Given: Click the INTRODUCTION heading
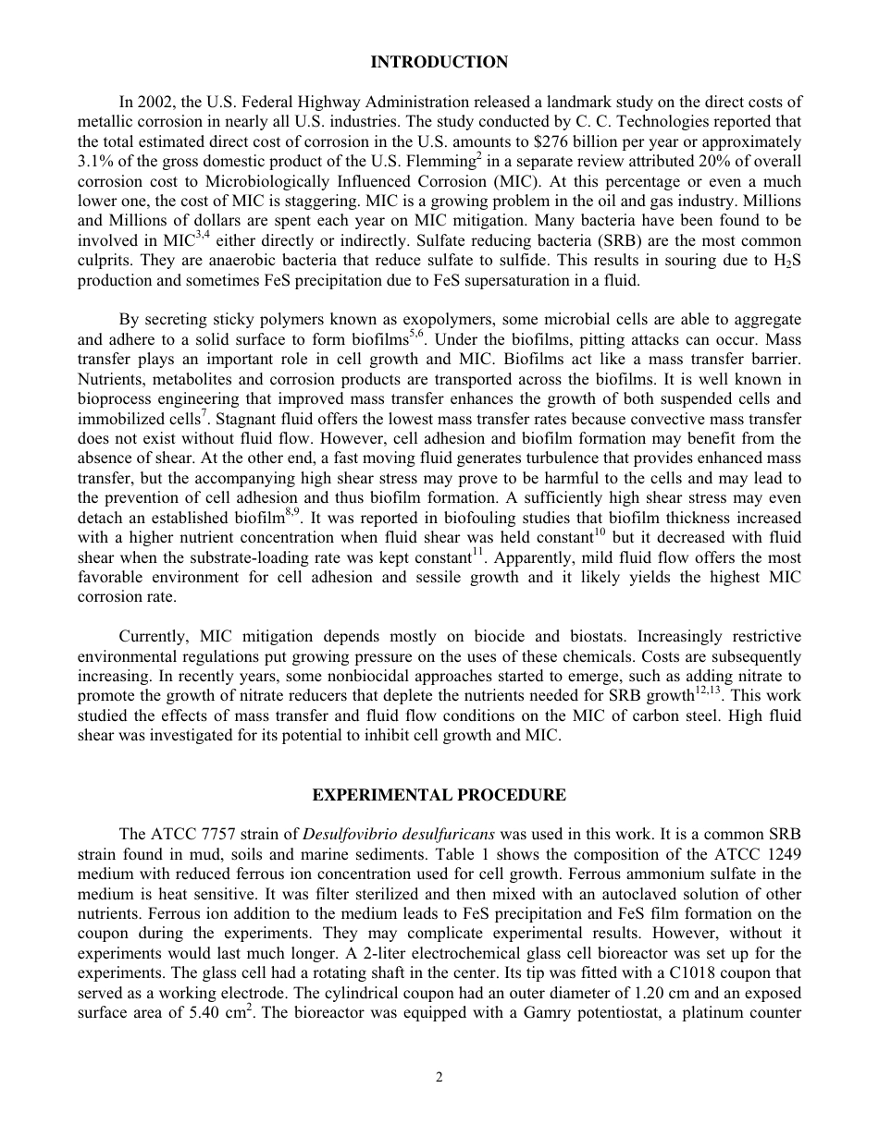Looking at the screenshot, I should coord(439,62).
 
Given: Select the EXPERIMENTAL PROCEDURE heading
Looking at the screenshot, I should coord(439,795).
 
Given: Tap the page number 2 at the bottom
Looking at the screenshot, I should coord(439,1076).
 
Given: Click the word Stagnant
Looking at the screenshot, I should coord(244,420).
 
